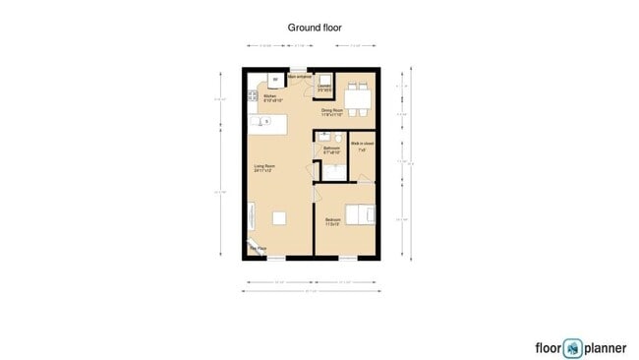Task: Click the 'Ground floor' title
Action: point(314,29)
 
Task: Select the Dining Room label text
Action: point(331,112)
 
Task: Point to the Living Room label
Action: point(264,168)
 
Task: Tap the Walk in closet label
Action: point(361,146)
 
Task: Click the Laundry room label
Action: point(324,88)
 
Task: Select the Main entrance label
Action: point(299,76)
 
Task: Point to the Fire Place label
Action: point(257,249)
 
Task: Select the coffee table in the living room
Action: point(280,216)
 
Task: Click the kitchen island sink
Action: point(266,122)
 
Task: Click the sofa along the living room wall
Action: point(251,215)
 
